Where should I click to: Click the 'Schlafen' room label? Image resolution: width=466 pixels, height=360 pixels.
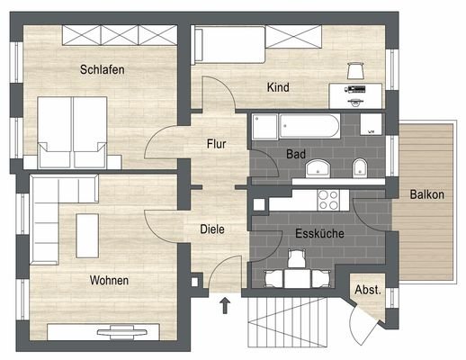pyautogui.click(x=101, y=69)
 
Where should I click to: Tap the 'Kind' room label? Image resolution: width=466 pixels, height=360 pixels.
pyautogui.click(x=277, y=87)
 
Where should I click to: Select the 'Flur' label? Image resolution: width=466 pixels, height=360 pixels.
pyautogui.click(x=215, y=143)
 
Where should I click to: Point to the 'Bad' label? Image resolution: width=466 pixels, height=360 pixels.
pyautogui.click(x=295, y=155)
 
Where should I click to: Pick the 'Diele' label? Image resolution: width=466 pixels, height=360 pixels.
pyautogui.click(x=211, y=229)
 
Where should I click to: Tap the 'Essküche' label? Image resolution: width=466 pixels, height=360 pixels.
pyautogui.click(x=316, y=234)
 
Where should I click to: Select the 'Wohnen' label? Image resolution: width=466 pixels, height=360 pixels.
pyautogui.click(x=109, y=281)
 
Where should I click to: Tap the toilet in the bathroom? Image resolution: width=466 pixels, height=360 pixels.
pyautogui.click(x=358, y=167)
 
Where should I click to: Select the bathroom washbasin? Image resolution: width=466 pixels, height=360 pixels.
pyautogui.click(x=318, y=168)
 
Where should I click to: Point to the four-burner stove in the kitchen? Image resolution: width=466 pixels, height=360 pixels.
pyautogui.click(x=327, y=199)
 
